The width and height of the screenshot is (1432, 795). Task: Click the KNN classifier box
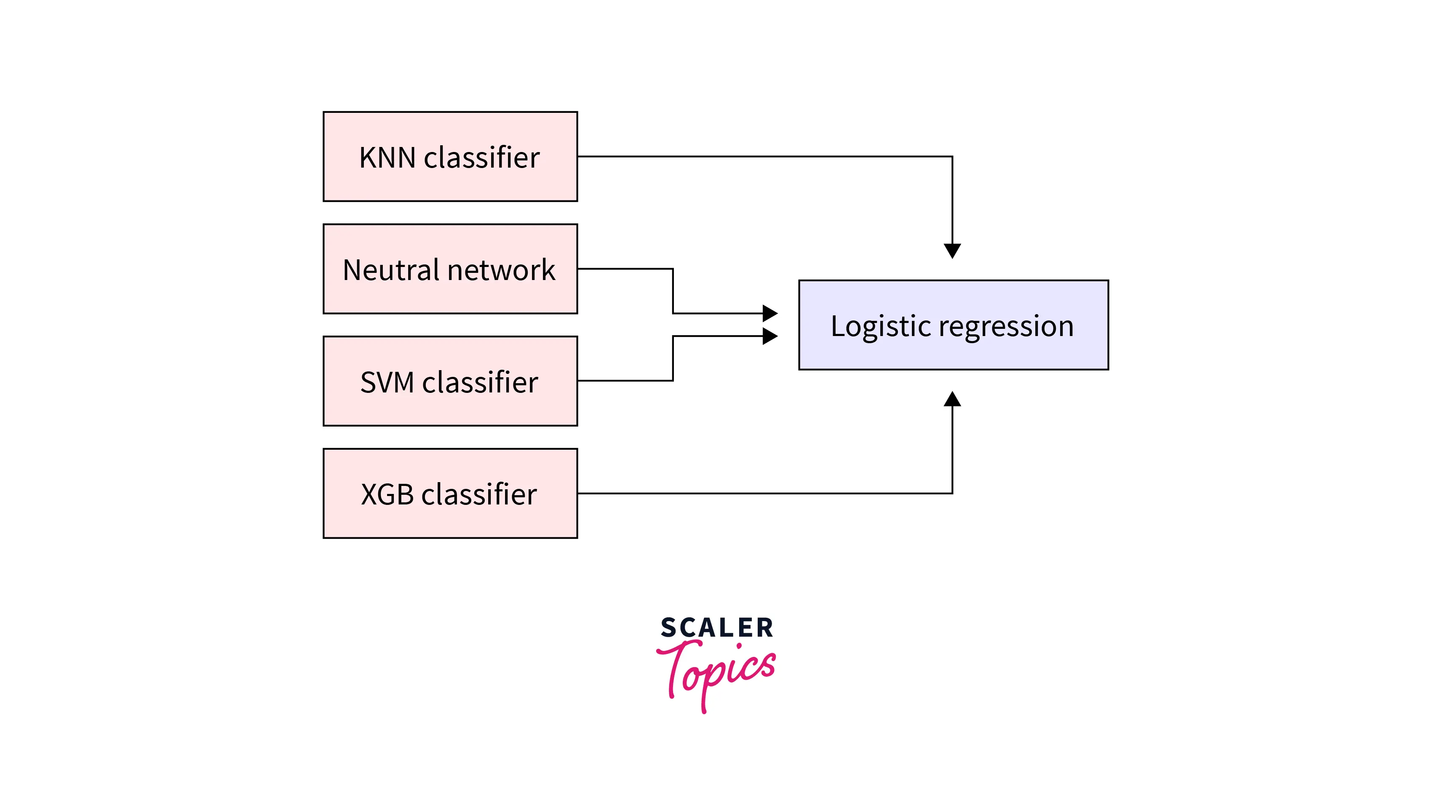point(450,156)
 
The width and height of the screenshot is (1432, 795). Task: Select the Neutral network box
point(450,269)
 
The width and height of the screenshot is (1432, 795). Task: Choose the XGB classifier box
point(450,493)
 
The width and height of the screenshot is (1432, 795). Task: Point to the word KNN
point(387,157)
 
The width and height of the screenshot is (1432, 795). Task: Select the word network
point(502,270)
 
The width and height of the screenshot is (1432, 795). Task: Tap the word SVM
point(387,382)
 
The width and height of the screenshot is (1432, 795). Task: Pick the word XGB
point(387,494)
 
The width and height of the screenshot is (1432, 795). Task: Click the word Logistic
point(881,326)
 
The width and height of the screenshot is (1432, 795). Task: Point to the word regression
point(1006,327)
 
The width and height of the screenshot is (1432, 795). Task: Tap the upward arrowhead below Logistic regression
point(952,399)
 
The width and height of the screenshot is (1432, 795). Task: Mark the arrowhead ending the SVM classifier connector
point(770,336)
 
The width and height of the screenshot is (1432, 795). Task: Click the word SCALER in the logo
point(717,628)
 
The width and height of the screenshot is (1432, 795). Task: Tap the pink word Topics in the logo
point(717,670)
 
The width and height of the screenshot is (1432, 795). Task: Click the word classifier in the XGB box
point(479,494)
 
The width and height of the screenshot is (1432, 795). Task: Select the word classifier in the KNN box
point(481,157)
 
